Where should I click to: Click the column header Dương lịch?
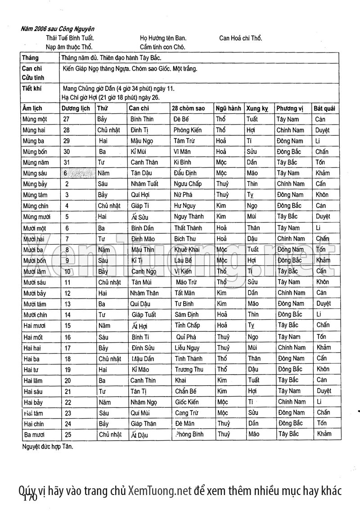(76, 108)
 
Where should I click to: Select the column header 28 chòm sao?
(188, 108)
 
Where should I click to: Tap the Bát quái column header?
(324, 108)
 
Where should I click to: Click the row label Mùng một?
(34, 119)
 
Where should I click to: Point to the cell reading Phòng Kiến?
(187, 130)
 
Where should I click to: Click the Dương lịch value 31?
(67, 162)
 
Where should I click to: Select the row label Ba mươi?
(34, 434)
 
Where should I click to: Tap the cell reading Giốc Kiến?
(187, 401)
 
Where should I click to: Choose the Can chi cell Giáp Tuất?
(144, 315)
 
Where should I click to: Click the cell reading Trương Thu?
(189, 369)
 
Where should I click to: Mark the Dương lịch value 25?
(68, 434)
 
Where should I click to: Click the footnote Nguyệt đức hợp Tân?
(47, 447)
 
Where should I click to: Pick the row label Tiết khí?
(31, 89)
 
